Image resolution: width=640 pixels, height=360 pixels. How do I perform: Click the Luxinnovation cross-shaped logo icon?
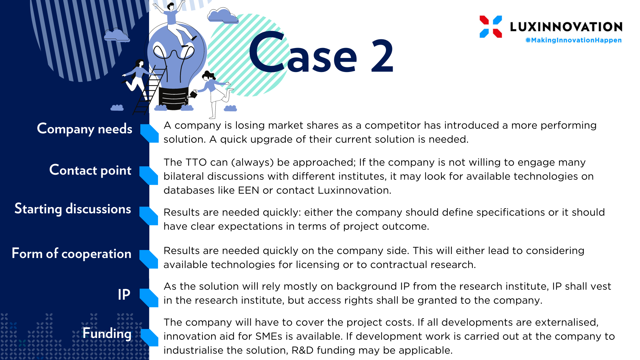[x=491, y=27]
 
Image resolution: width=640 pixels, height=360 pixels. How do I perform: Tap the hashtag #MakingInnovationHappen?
[x=573, y=40]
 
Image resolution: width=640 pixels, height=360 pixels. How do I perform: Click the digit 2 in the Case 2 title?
[x=382, y=56]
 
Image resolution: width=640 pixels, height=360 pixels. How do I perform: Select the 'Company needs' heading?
[x=85, y=129]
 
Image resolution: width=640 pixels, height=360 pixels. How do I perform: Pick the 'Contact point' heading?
[x=90, y=170]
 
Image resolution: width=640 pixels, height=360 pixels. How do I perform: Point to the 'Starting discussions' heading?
[x=73, y=209]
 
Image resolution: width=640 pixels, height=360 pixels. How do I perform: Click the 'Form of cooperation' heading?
[x=71, y=254]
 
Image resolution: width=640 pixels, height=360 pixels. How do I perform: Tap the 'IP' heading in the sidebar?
[x=124, y=295]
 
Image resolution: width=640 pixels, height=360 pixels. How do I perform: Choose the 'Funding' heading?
[x=107, y=333]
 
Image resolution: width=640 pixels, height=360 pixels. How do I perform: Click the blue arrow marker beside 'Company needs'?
[x=149, y=133]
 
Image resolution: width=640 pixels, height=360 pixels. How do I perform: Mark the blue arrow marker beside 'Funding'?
[x=149, y=337]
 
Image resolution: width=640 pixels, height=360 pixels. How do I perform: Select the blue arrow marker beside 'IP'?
[x=149, y=298]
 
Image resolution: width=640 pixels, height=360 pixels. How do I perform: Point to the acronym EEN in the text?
[x=248, y=190]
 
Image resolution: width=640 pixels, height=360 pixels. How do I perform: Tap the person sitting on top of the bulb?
[x=175, y=22]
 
